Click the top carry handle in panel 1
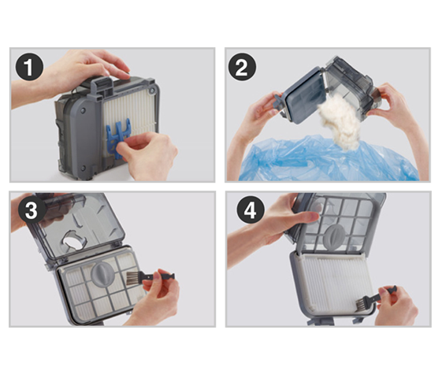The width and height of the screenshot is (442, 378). pyautogui.click(x=102, y=81)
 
